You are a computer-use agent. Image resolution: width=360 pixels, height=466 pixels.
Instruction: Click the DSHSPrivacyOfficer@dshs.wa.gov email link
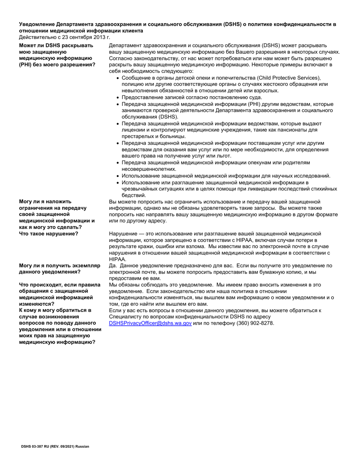[x=150, y=323]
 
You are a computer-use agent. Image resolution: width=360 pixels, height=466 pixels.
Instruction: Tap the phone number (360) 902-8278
[x=255, y=323]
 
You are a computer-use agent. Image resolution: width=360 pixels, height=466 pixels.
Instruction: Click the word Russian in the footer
[x=82, y=446]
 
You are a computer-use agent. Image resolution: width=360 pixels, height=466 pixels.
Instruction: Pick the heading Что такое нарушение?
[x=49, y=233]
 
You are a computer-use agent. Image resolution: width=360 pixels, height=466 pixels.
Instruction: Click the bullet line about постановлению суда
[x=191, y=97]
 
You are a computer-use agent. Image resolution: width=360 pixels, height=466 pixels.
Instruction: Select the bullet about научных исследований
[x=226, y=176]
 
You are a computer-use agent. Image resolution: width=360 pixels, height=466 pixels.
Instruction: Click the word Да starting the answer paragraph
[x=113, y=266]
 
